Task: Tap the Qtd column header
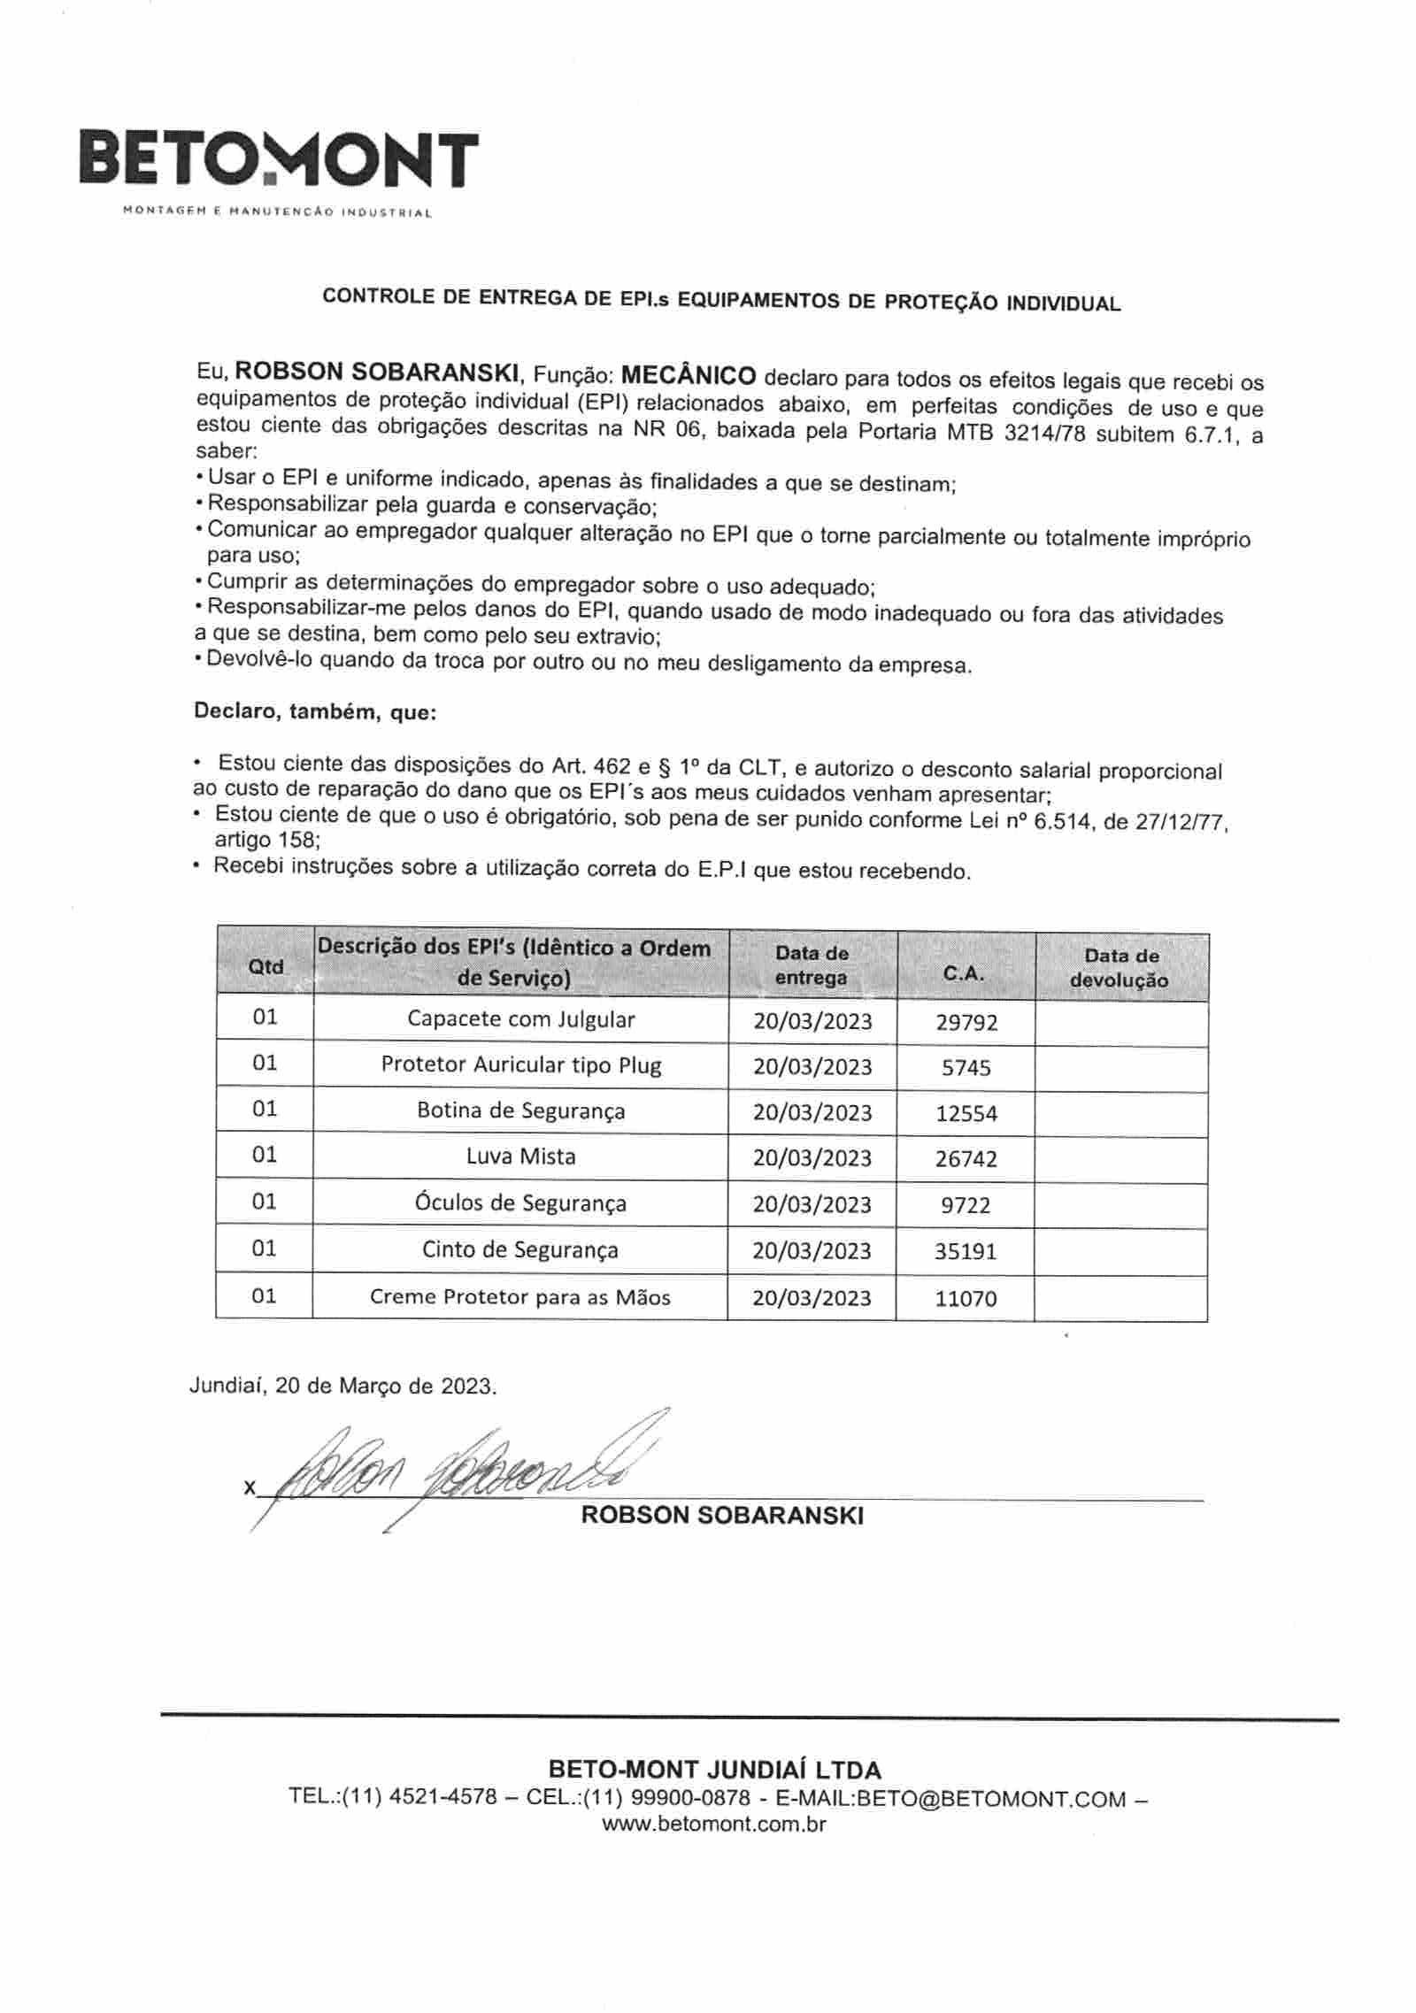click(x=265, y=967)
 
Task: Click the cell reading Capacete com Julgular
click(x=520, y=1019)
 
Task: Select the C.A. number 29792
click(x=966, y=1023)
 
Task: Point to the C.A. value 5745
click(x=966, y=1068)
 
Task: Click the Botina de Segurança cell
click(x=520, y=1111)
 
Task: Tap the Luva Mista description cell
click(x=520, y=1156)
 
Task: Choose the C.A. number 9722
click(x=966, y=1205)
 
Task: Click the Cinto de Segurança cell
click(x=520, y=1250)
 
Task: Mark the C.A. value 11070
click(x=966, y=1299)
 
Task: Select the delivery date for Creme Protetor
click(x=812, y=1298)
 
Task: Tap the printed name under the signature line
click(x=721, y=1516)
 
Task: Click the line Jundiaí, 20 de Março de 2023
click(x=343, y=1386)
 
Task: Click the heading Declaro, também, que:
click(x=314, y=712)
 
